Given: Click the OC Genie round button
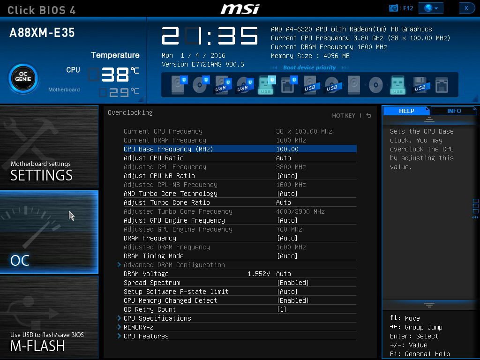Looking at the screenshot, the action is (x=23, y=79).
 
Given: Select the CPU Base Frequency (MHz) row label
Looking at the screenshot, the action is (x=168, y=149).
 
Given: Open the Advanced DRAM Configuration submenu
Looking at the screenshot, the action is (x=174, y=265).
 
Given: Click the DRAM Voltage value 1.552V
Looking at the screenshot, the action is (x=259, y=274).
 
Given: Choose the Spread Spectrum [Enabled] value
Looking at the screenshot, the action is (x=292, y=283).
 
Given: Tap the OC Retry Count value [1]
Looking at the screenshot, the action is (x=281, y=309).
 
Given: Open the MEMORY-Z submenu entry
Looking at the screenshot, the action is (x=139, y=327).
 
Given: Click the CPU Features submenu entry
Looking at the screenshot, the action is (x=146, y=336).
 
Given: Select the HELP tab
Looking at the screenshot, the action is (x=406, y=111).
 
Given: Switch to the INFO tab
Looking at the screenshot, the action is (x=454, y=111).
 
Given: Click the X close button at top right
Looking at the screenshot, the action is (x=466, y=8).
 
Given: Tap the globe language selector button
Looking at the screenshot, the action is (x=431, y=8).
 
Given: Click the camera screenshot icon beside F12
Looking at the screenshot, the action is (x=393, y=8).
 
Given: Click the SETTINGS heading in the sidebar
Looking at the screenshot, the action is (x=41, y=175).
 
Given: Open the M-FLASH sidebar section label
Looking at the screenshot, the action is (x=37, y=346).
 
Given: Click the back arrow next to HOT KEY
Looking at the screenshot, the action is (x=368, y=115).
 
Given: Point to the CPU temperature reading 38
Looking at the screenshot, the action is (x=115, y=75).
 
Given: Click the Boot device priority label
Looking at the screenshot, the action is (x=309, y=67).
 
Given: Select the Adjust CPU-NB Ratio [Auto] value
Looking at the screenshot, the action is (x=287, y=176).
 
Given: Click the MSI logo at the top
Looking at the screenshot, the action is (x=240, y=9).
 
